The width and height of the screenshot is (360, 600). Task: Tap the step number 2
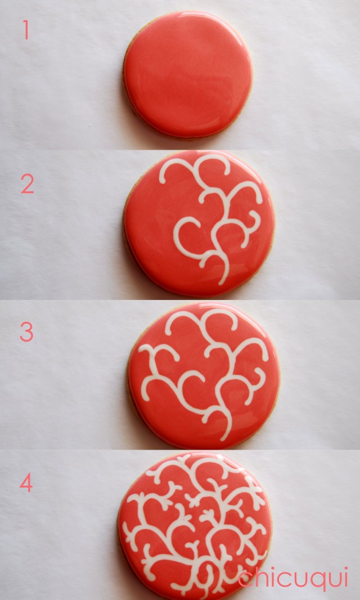point(27,184)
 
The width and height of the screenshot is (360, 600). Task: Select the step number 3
point(26,332)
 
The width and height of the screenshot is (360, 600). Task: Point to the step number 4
point(26,483)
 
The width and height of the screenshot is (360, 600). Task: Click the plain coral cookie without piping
point(188,74)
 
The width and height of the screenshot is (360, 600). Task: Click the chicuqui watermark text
point(293,579)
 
